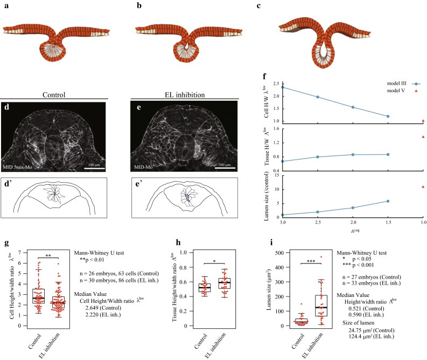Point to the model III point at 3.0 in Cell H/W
point(283,87)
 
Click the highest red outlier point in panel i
point(321,257)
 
